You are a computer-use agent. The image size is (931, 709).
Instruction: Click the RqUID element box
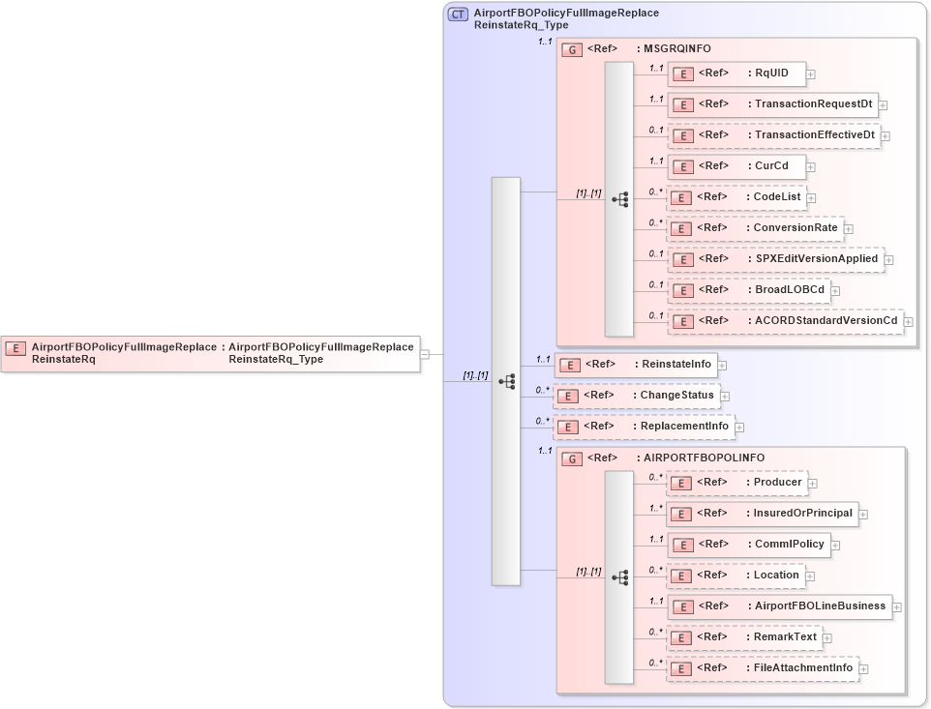[x=736, y=74]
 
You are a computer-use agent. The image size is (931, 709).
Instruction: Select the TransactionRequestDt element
[x=771, y=104]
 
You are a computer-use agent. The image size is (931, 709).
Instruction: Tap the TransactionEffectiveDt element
[x=772, y=135]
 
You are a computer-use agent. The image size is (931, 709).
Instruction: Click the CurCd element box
[x=736, y=166]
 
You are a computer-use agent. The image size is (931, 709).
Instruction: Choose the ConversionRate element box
[x=755, y=228]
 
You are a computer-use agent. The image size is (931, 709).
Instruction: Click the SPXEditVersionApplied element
[x=774, y=259]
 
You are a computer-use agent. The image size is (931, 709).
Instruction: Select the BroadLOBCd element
[x=748, y=290]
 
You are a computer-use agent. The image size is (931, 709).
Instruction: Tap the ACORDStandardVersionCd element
[x=785, y=321]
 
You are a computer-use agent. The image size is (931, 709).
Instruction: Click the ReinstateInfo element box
[x=634, y=365]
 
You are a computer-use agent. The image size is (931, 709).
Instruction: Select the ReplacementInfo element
[x=643, y=427]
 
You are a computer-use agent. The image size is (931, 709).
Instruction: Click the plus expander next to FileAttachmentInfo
[x=864, y=668]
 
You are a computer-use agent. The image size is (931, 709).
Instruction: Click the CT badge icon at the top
[x=458, y=15]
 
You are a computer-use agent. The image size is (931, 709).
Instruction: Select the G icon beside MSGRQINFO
[x=572, y=49]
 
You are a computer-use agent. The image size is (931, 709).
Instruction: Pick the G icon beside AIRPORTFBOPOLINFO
[x=572, y=458]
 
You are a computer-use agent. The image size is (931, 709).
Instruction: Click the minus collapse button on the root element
[x=425, y=354]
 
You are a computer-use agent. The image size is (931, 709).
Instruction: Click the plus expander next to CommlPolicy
[x=835, y=545]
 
